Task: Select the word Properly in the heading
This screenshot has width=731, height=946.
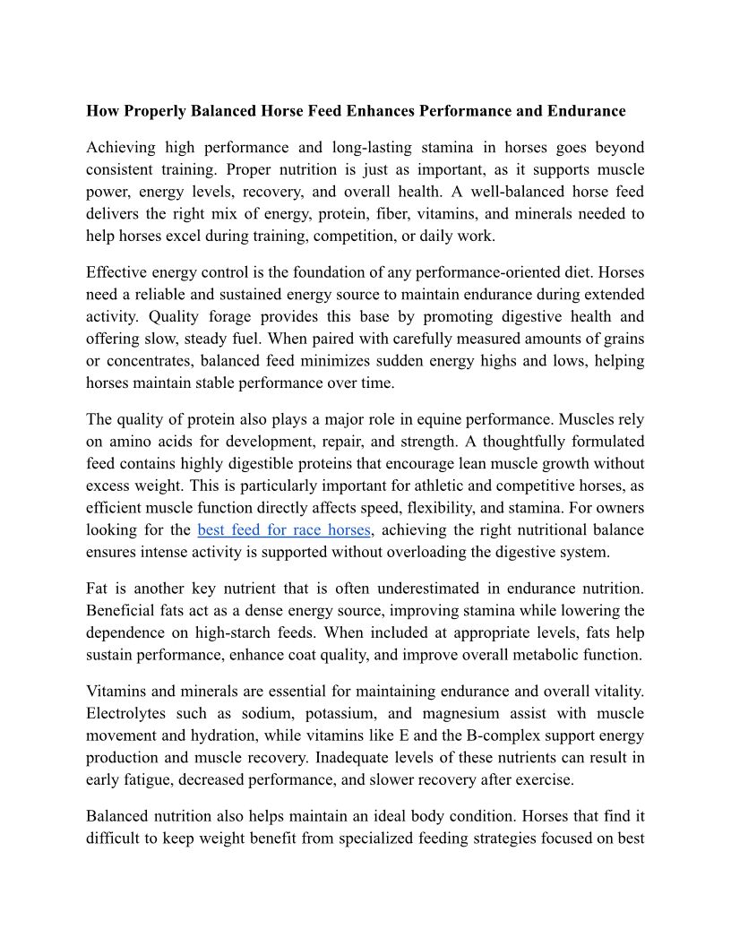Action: pos(148,111)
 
